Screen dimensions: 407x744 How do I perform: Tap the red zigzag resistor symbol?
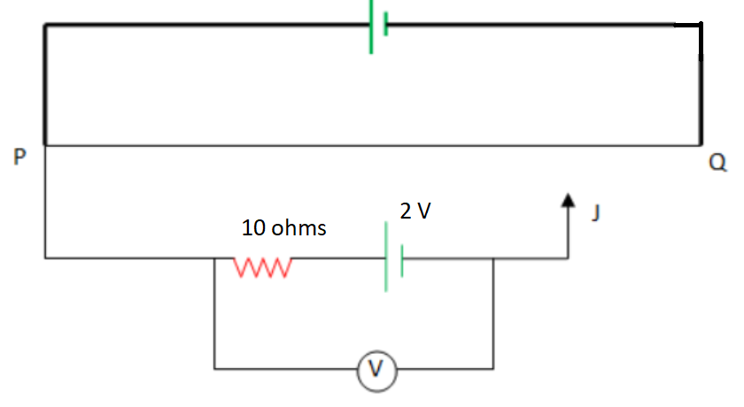(x=262, y=265)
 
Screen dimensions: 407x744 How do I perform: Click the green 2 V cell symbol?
(x=393, y=258)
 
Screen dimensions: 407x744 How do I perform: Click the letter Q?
(x=717, y=163)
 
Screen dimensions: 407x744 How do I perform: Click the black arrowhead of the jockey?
(x=568, y=201)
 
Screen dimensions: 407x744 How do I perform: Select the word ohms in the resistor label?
(x=298, y=228)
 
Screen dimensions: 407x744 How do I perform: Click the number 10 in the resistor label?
(x=254, y=228)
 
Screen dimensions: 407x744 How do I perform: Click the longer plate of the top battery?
(x=372, y=26)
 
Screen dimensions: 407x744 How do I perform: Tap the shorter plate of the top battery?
(x=387, y=26)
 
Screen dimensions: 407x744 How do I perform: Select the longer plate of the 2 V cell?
(x=386, y=258)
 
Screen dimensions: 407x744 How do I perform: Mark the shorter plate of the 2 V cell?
(x=402, y=259)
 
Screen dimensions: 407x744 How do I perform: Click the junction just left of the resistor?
(x=214, y=258)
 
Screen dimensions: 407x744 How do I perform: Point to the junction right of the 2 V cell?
(x=493, y=258)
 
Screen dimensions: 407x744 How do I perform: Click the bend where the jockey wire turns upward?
(x=568, y=258)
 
